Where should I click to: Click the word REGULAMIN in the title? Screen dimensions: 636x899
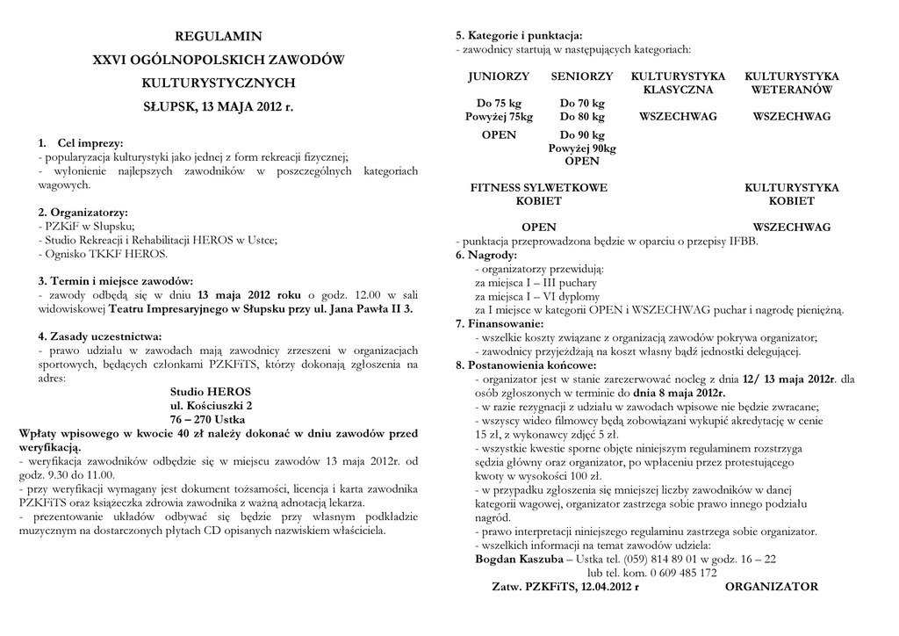coord(219,37)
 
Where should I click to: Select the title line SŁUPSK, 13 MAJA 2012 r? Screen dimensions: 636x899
coord(219,107)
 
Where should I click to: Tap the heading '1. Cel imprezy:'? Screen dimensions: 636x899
coord(81,143)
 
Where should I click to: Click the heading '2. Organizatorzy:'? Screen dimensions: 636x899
coord(83,213)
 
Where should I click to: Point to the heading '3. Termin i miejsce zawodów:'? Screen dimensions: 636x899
coord(110,281)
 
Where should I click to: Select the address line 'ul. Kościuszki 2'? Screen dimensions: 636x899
coord(211,405)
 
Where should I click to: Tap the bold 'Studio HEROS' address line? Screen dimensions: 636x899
coord(211,391)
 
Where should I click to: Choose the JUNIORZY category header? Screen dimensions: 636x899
coord(499,76)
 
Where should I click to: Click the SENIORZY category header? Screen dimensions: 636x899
coord(582,76)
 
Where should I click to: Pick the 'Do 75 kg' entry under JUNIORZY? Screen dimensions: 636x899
coord(498,103)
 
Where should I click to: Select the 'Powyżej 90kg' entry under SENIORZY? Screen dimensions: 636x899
coord(582,148)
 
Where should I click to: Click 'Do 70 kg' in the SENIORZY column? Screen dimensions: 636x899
coord(582,103)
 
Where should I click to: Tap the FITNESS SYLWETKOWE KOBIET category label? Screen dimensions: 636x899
coord(539,194)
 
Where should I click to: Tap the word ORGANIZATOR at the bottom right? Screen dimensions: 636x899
coord(772,587)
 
